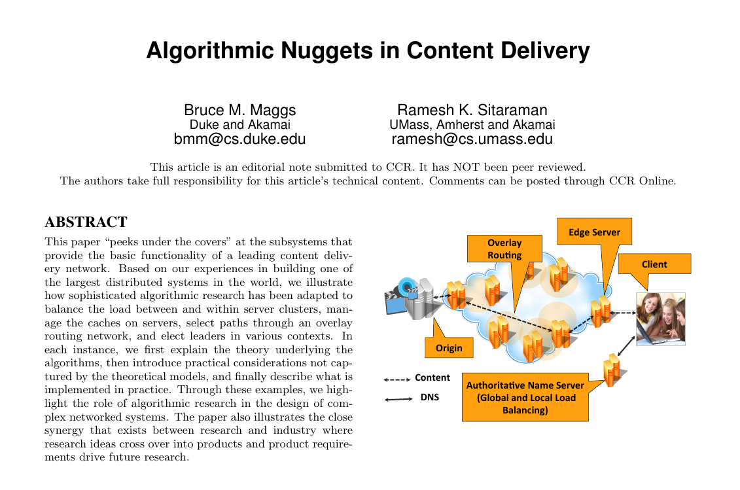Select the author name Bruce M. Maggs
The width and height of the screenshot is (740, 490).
(x=239, y=110)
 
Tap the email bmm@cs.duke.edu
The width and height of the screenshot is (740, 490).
(x=239, y=139)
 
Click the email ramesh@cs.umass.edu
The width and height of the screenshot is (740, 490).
(x=472, y=139)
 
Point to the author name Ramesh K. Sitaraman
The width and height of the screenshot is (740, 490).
(x=472, y=110)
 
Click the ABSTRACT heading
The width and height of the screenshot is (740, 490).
(x=86, y=222)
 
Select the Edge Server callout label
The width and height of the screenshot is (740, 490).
(x=594, y=232)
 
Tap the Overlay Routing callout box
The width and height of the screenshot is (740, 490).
(x=504, y=249)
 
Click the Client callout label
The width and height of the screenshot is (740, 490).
(x=654, y=264)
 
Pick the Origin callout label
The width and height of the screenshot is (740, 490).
(x=449, y=348)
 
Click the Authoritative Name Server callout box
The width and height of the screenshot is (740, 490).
(x=525, y=398)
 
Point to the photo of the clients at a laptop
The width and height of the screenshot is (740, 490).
(x=660, y=319)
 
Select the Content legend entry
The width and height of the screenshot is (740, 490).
(x=417, y=378)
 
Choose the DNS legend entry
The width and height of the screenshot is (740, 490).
(x=412, y=398)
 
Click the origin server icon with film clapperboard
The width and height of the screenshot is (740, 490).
(x=412, y=299)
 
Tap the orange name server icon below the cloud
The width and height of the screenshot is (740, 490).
(x=613, y=370)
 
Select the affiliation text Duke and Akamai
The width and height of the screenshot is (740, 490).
(x=239, y=124)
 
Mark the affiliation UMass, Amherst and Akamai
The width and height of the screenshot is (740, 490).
(x=472, y=124)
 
